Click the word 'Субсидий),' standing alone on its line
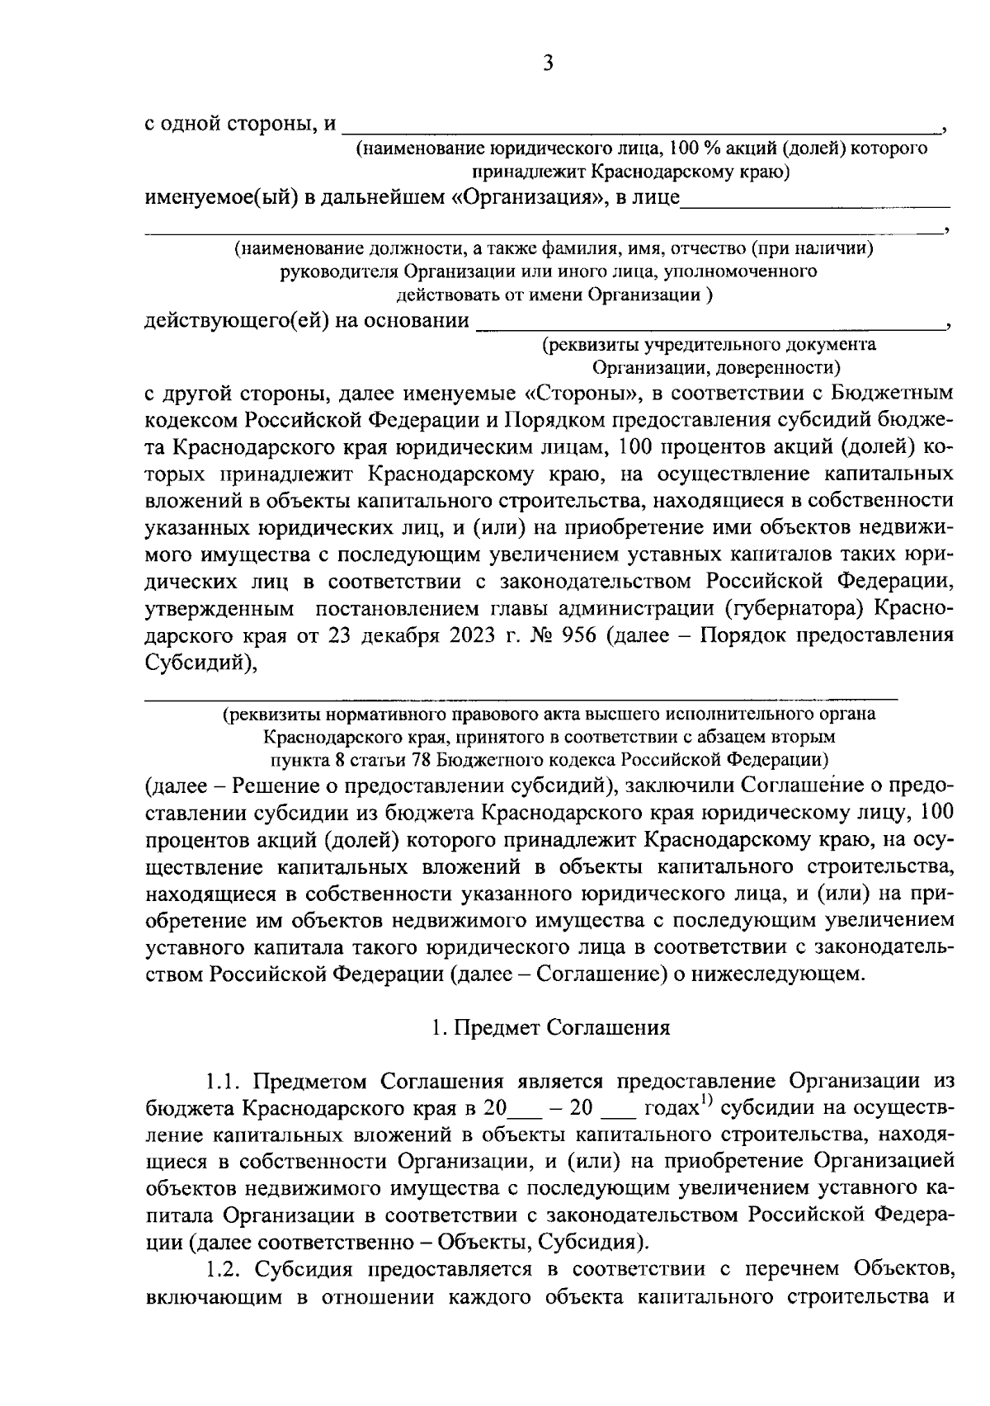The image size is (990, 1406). click(197, 662)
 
